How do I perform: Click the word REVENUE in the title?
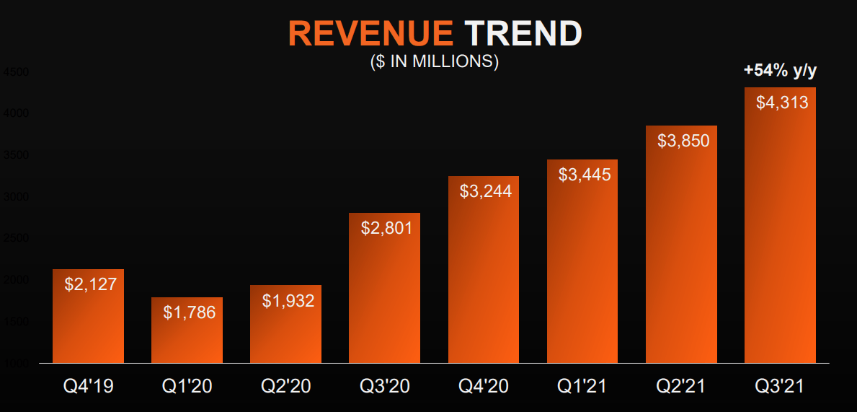tap(370, 34)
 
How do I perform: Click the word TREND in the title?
tap(523, 34)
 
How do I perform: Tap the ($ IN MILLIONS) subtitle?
tap(434, 61)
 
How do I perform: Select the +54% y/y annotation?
tap(781, 70)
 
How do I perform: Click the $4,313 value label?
tap(781, 102)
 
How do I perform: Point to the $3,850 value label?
tap(683, 141)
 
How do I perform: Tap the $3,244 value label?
tap(485, 191)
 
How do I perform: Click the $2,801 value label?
tap(386, 228)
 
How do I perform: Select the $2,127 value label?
tap(90, 284)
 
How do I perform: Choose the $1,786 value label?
tap(189, 312)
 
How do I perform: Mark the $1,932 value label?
tap(288, 301)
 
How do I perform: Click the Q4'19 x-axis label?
tap(88, 387)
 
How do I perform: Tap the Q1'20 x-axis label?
tap(187, 387)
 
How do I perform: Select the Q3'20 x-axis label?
tap(385, 387)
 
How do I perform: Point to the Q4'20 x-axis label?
tap(484, 387)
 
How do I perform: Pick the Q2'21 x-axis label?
tap(681, 387)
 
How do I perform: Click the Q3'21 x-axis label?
tap(780, 387)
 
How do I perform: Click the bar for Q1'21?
tap(582, 274)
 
